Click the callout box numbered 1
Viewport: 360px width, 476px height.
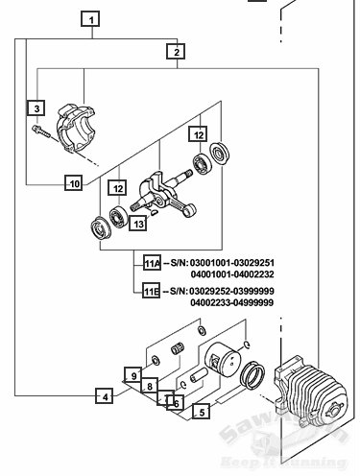click(91, 19)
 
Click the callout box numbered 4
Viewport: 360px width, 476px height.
click(106, 394)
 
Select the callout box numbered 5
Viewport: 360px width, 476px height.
click(200, 414)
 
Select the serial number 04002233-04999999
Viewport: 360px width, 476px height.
click(233, 302)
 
